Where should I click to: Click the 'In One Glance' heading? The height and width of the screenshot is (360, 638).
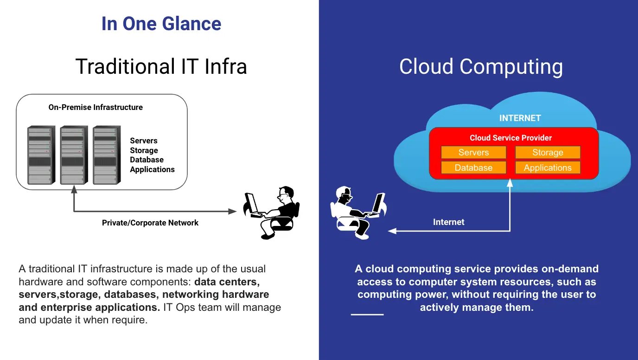[x=161, y=24]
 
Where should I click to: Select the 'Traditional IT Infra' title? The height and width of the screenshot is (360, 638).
[x=161, y=66]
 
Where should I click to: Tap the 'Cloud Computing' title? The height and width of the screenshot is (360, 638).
[x=481, y=66]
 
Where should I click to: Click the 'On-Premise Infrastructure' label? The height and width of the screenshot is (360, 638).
[x=96, y=107]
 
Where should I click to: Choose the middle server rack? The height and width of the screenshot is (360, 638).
[x=73, y=155]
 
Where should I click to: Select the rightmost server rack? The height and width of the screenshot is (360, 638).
[x=106, y=155]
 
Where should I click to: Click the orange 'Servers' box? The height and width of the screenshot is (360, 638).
[x=473, y=153]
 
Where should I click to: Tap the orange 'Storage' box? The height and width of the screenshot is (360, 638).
[x=548, y=153]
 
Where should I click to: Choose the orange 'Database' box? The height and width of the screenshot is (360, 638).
[x=473, y=167]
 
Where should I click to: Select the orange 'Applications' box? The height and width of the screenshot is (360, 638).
[x=548, y=167]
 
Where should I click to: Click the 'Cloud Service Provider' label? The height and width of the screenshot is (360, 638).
[x=510, y=138]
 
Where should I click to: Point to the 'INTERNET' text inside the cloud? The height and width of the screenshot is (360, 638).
[x=520, y=118]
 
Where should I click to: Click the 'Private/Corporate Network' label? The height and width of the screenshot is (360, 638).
[x=150, y=223]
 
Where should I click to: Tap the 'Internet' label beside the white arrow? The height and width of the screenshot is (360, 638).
[x=448, y=222]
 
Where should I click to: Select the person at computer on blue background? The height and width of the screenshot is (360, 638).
[x=357, y=211]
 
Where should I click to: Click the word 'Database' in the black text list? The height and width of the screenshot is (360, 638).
[x=147, y=160]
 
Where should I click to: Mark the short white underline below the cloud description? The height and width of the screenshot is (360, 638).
[x=367, y=315]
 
